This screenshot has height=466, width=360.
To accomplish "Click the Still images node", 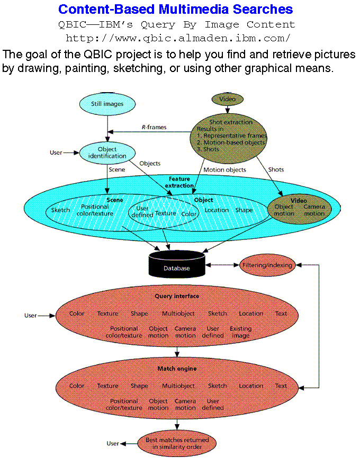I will [x=107, y=104].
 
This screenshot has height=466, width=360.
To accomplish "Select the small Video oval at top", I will [x=228, y=99].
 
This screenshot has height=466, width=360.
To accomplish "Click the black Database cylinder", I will [x=176, y=264].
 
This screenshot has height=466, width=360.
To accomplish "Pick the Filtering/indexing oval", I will [x=267, y=265].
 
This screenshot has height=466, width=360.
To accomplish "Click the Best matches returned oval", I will [x=177, y=443].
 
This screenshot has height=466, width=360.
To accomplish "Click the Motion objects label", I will [x=225, y=170].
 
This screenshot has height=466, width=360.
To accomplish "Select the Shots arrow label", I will [x=276, y=170].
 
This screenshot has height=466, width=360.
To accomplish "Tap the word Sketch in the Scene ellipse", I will [x=60, y=210].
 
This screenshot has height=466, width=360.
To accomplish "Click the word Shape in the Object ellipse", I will [x=244, y=210].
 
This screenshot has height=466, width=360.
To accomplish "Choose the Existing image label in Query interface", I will [x=240, y=332].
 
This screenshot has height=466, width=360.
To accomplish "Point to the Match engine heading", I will [x=177, y=369].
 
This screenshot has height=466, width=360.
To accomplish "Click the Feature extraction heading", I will [x=179, y=182].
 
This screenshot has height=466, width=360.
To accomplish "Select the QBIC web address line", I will [x=178, y=38].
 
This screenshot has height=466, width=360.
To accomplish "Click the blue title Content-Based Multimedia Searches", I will [x=175, y=10].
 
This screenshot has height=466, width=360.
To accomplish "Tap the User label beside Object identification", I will [x=56, y=153].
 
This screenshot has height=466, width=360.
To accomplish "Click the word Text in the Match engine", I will [x=281, y=386].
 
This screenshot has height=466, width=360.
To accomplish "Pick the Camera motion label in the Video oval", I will [x=314, y=210].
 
